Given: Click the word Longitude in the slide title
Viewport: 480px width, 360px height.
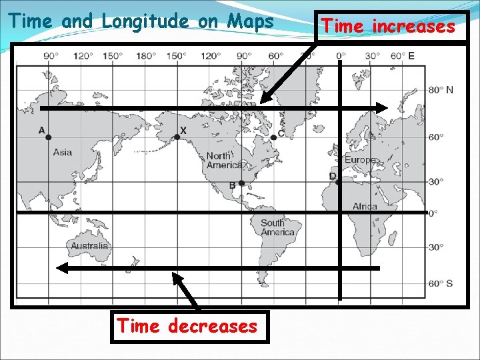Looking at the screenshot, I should coord(145,21).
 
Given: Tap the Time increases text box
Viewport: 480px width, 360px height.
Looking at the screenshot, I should coord(389,27).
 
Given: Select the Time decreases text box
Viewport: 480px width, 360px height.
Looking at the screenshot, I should coord(187,327).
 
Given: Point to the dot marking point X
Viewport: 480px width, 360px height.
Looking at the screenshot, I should coord(177,137).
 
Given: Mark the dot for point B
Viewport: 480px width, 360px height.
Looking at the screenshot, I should coord(241,183).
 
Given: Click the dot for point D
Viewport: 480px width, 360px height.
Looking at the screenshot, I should coord(338,181).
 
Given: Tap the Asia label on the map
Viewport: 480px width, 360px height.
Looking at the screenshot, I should coord(63,153).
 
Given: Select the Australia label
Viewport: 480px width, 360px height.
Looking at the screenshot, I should coord(89,246).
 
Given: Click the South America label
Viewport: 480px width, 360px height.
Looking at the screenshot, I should coord(277,227).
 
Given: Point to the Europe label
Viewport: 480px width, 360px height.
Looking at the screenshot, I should coord(360,161).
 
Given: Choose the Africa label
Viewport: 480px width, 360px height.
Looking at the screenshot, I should coord(365,206).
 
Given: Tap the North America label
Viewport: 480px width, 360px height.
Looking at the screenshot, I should coord(223,160).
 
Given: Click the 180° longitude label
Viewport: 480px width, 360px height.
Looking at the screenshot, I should coord(145,56).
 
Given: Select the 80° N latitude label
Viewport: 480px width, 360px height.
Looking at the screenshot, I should coord(440,90).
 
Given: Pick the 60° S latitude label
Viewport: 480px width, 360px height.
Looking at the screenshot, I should coord(440,283).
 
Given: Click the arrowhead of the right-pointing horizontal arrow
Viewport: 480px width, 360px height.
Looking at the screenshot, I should coord(383,107).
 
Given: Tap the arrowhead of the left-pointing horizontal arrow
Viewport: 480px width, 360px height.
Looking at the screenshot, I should coord(61,268).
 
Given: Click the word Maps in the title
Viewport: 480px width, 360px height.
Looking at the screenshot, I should coord(250,21).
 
